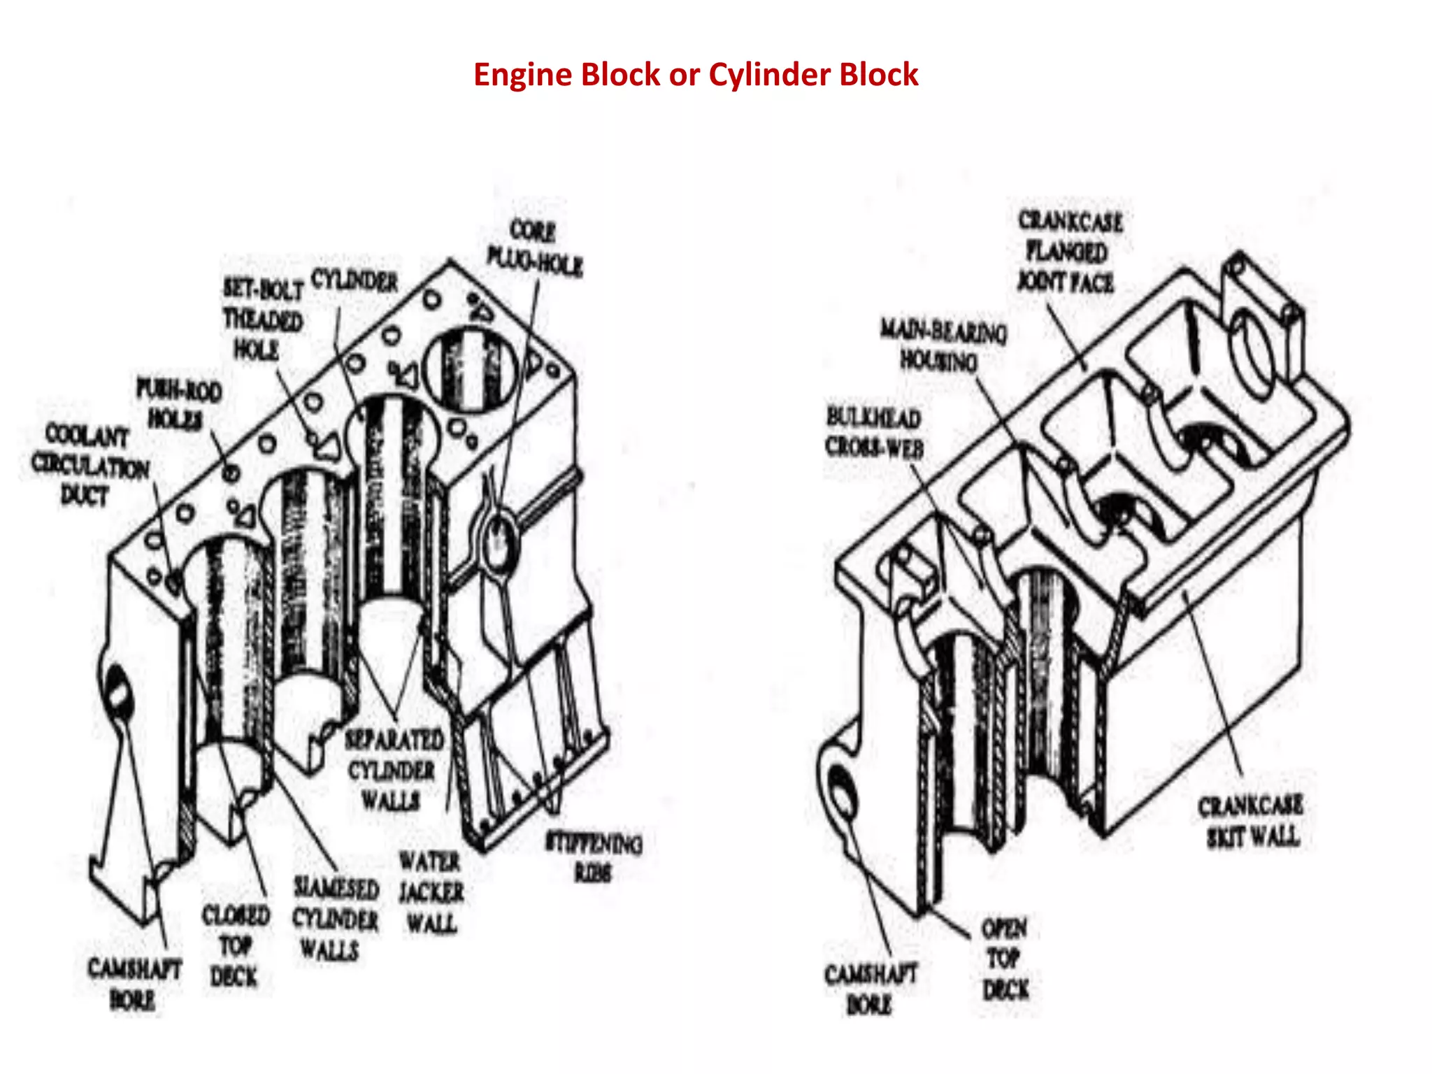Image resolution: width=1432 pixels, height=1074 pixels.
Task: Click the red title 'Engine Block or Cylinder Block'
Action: coord(695,75)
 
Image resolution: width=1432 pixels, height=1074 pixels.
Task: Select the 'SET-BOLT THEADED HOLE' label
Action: coord(262,319)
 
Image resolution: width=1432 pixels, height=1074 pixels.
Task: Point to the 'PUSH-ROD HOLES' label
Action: coord(178,405)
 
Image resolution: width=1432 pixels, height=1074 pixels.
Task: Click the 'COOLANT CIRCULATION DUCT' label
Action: coord(89,465)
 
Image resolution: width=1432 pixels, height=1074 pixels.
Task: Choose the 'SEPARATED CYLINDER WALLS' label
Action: coord(394,770)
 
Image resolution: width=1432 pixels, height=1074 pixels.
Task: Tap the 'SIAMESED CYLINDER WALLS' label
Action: coord(335,919)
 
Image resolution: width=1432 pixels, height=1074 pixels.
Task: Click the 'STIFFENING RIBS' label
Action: coord(594,857)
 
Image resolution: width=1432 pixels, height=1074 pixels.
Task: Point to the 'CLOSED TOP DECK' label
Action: coord(235,945)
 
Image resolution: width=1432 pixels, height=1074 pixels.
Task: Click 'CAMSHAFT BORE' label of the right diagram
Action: coord(870,989)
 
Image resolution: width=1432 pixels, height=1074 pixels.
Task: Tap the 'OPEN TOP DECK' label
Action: coord(1005,959)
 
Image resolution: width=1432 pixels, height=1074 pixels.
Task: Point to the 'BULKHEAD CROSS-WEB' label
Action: coord(874,432)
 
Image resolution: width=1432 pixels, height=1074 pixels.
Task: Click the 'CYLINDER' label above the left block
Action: coord(355,281)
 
